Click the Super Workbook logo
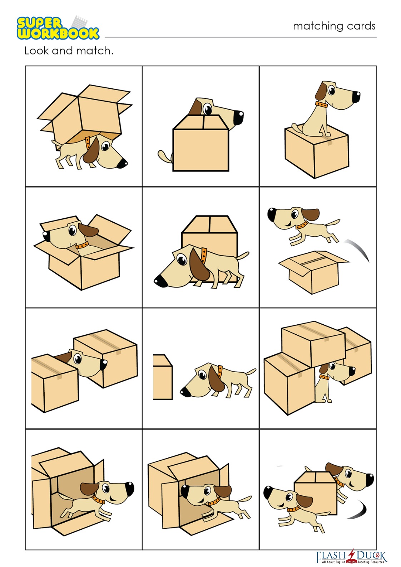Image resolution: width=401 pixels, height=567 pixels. click(x=58, y=28)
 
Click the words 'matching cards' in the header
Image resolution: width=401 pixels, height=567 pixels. click(x=334, y=26)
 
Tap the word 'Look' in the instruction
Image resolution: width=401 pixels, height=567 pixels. click(x=37, y=50)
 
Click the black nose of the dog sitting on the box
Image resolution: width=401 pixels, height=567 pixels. click(x=356, y=97)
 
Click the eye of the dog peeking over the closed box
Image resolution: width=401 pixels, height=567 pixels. click(x=208, y=109)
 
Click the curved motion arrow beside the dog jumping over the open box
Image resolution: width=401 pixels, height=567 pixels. click(x=357, y=250)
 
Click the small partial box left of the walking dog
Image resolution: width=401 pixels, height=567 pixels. click(x=163, y=377)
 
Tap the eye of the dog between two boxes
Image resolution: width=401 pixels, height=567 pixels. click(x=78, y=359)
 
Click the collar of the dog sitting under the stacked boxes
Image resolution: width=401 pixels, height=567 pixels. click(x=324, y=377)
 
